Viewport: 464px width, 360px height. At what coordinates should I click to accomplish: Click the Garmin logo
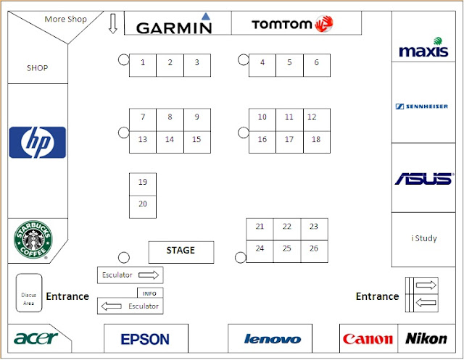[174, 24]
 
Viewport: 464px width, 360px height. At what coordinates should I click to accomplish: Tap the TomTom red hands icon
[324, 24]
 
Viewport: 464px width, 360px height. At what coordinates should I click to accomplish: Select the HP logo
[38, 142]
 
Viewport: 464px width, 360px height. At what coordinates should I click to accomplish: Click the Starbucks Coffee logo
[33, 240]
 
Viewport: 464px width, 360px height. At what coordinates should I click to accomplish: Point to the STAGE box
[181, 252]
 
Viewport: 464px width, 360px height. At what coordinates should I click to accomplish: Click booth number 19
[143, 184]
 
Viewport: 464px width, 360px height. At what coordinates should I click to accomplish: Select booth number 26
[314, 251]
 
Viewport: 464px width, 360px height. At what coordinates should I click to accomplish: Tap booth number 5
[289, 65]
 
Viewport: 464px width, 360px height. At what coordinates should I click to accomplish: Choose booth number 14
[170, 142]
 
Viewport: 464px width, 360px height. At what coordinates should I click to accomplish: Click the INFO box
[150, 293]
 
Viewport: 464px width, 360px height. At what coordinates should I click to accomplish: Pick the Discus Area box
[29, 293]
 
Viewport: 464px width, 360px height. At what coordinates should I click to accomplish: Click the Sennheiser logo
[422, 106]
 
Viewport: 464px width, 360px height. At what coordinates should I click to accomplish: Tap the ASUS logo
[423, 179]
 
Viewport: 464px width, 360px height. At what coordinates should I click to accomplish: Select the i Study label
[424, 238]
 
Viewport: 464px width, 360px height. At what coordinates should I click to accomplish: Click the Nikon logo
[426, 338]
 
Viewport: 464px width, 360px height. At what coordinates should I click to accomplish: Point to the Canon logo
[368, 339]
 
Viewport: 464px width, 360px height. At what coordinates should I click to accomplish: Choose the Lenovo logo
[273, 339]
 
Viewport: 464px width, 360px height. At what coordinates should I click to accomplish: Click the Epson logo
[145, 339]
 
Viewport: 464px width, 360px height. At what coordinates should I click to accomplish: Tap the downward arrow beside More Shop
[113, 24]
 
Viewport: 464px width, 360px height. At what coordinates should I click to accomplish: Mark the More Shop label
[66, 20]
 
